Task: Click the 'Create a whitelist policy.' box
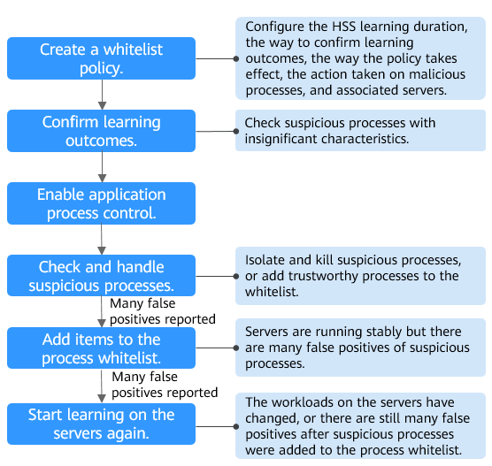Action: tap(102, 58)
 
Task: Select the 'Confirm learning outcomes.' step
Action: tap(102, 131)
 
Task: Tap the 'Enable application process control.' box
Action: tap(102, 203)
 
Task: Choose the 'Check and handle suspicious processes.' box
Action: tap(102, 275)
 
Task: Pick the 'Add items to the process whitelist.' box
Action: tap(102, 348)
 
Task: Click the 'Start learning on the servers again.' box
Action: tap(102, 424)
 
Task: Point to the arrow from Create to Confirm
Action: tap(102, 95)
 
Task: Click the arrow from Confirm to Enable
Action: tap(102, 167)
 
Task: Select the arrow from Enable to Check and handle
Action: tap(102, 240)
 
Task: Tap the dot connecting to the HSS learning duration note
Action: tap(236, 58)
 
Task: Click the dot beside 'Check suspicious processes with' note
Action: tap(236, 131)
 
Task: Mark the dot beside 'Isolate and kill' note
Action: tap(236, 276)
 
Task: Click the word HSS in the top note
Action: tap(343, 27)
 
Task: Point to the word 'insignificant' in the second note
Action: tap(280, 139)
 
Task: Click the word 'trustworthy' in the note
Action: tap(324, 276)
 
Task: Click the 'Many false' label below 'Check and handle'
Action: tap(142, 303)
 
